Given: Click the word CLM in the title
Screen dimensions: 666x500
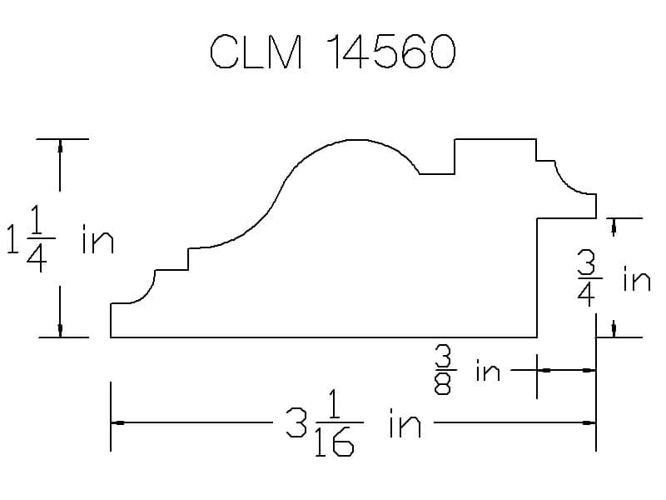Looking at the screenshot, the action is [x=256, y=52].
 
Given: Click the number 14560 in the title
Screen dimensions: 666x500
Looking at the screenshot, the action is [x=391, y=52].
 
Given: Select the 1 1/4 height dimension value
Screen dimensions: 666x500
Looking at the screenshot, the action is [x=31, y=239].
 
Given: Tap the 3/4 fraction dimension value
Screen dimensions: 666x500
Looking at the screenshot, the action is [x=589, y=278].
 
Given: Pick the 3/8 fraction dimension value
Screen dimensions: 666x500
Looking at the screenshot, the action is [x=443, y=370].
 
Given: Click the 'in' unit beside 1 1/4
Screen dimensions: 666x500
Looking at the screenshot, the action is [x=98, y=239].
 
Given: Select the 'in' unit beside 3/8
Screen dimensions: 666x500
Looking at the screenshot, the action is [x=488, y=370].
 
